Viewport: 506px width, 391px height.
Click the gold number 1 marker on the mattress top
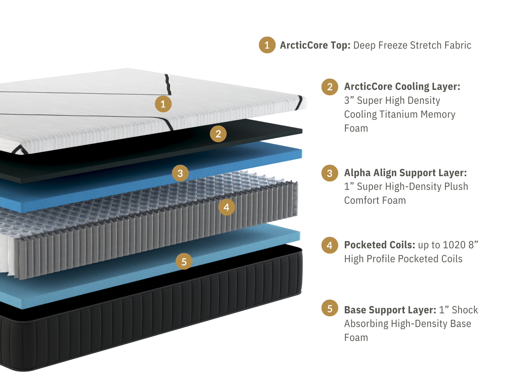pos(163,104)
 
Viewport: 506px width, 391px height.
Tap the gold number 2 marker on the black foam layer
pos(218,134)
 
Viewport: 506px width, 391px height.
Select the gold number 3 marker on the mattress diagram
pos(180,173)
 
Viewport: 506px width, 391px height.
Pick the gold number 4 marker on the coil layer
pos(226,207)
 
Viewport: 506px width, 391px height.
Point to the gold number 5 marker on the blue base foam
pos(184,261)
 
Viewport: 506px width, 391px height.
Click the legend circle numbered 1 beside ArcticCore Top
pos(267,45)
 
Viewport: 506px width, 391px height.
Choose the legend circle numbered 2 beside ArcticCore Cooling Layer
pos(330,87)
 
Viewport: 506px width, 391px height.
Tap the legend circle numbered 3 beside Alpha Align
pos(330,173)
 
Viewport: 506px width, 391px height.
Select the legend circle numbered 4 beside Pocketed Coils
pos(330,245)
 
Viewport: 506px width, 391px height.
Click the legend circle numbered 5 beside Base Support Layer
pos(330,308)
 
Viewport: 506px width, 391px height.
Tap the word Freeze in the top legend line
pos(393,45)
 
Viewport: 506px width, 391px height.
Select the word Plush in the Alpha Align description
pos(456,187)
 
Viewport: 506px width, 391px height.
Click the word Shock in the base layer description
pos(465,310)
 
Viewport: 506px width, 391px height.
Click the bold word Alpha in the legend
pos(357,173)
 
